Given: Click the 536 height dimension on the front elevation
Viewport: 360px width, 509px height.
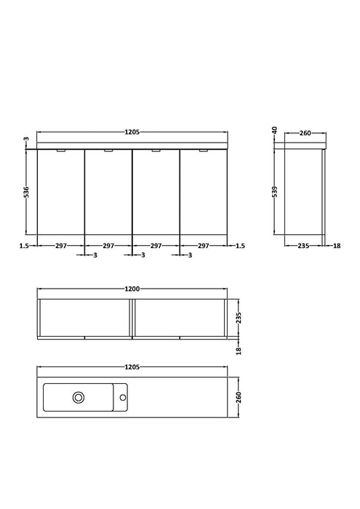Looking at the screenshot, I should pyautogui.click(x=25, y=193).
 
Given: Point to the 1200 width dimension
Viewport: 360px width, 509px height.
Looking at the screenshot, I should pyautogui.click(x=132, y=289).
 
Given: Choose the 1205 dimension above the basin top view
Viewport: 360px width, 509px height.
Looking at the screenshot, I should pyautogui.click(x=132, y=368).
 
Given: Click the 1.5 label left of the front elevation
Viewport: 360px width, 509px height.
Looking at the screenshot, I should pyautogui.click(x=25, y=246).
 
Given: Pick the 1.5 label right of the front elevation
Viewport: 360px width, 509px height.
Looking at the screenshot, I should pyautogui.click(x=241, y=246).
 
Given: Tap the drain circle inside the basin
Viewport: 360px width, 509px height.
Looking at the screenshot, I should pyautogui.click(x=78, y=397).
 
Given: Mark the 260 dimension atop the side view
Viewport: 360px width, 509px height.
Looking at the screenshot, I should pyautogui.click(x=305, y=132).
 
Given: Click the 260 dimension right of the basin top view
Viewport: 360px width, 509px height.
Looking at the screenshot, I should pyautogui.click(x=239, y=397).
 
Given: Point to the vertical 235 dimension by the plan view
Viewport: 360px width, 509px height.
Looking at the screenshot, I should pyautogui.click(x=239, y=317).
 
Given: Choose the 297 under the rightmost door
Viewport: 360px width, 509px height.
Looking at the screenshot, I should pyautogui.click(x=204, y=246).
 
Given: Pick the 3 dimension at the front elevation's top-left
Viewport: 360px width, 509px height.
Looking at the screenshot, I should pyautogui.click(x=25, y=140).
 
